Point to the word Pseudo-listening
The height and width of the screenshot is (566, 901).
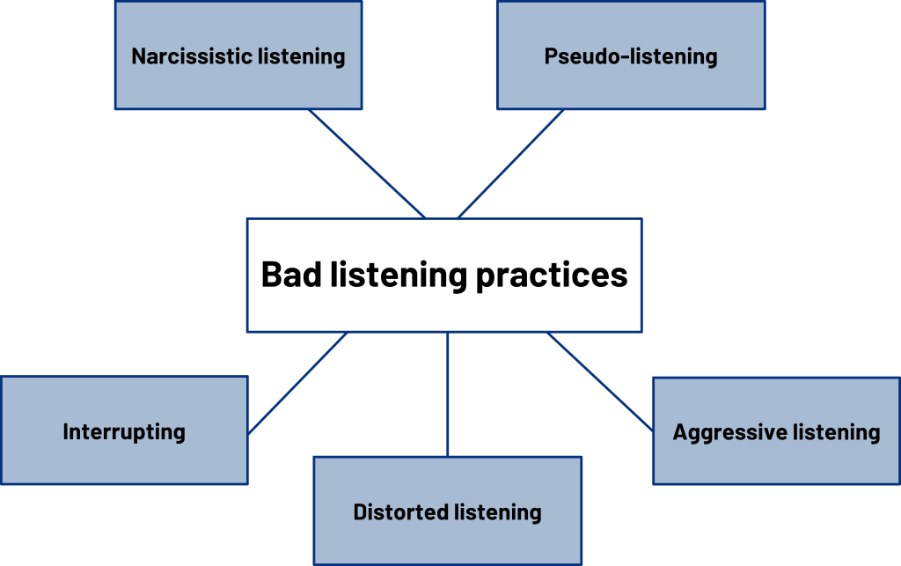[630, 56]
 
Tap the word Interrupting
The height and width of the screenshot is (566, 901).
[124, 431]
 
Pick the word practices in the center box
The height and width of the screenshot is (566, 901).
[552, 276]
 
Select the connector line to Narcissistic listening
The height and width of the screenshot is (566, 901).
[365, 163]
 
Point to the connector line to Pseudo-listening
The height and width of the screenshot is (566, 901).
[511, 163]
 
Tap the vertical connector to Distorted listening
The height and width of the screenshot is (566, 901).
[448, 393]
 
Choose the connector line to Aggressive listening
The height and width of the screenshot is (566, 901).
[599, 381]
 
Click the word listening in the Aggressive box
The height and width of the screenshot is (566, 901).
[836, 432]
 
